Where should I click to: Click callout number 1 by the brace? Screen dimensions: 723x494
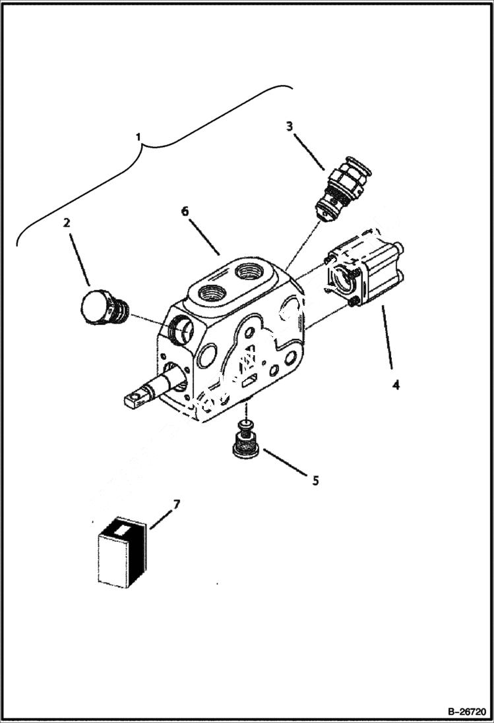point(139,136)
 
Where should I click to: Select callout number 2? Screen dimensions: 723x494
point(67,223)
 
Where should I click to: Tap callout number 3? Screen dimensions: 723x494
point(289,126)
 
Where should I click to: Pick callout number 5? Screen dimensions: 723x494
point(315,480)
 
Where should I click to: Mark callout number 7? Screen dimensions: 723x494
point(176,505)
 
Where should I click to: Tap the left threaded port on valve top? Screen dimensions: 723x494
point(209,291)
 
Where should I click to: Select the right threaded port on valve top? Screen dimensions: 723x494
point(253,270)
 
